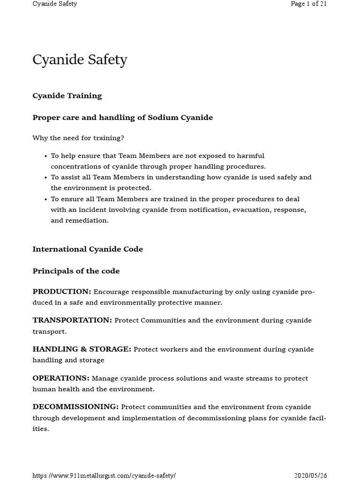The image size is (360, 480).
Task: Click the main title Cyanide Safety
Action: click(80, 60)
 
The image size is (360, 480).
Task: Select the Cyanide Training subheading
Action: click(67, 96)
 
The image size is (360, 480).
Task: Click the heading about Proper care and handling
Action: click(122, 118)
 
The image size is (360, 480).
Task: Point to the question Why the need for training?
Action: click(78, 138)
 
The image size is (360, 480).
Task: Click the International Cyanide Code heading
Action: click(88, 249)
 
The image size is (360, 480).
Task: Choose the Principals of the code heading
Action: click(76, 271)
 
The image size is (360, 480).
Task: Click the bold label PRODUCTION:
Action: click(61, 292)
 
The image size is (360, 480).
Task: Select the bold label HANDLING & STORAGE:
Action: click(82, 349)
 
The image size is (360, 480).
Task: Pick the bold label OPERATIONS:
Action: click(61, 378)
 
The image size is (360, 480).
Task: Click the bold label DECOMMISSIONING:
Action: click(75, 407)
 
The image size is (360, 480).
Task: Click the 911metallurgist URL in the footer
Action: click(104, 475)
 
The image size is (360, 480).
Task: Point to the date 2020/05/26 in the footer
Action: click(310, 475)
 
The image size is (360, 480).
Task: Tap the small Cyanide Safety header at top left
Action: click(54, 4)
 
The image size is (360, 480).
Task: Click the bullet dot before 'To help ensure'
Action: click(45, 156)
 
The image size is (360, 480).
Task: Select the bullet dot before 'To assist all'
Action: click(45, 178)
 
